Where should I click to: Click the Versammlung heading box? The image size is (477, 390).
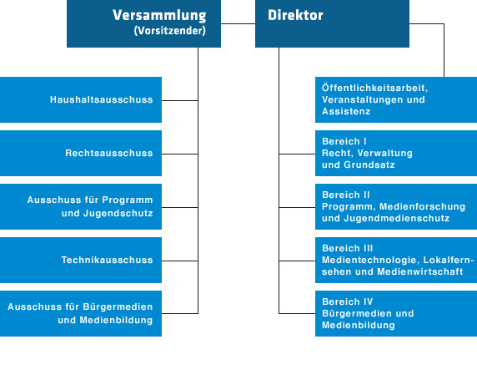click(143, 23)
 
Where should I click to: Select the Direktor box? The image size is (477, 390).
click(332, 23)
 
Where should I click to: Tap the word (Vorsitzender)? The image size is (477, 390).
click(170, 30)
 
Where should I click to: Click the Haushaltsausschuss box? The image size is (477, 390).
click(81, 99)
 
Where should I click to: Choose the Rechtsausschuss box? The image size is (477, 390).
click(81, 154)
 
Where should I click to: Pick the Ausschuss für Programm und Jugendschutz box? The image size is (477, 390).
click(81, 206)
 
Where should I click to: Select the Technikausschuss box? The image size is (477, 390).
click(81, 261)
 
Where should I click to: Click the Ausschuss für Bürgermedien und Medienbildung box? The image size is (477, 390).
click(81, 313)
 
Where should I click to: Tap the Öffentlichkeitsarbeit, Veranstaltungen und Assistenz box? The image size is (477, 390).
click(396, 99)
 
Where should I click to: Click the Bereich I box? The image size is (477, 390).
click(396, 154)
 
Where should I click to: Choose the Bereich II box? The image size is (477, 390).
click(396, 206)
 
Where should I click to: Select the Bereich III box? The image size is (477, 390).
click(396, 261)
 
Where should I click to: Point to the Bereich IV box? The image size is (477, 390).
click(396, 313)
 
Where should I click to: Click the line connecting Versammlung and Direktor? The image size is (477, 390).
click(238, 23)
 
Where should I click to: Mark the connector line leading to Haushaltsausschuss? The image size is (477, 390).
click(180, 100)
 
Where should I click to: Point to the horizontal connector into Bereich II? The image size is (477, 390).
click(297, 207)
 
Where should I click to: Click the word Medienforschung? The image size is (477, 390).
click(422, 206)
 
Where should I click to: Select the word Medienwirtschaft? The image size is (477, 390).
click(420, 271)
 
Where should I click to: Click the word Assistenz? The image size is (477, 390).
click(346, 111)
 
